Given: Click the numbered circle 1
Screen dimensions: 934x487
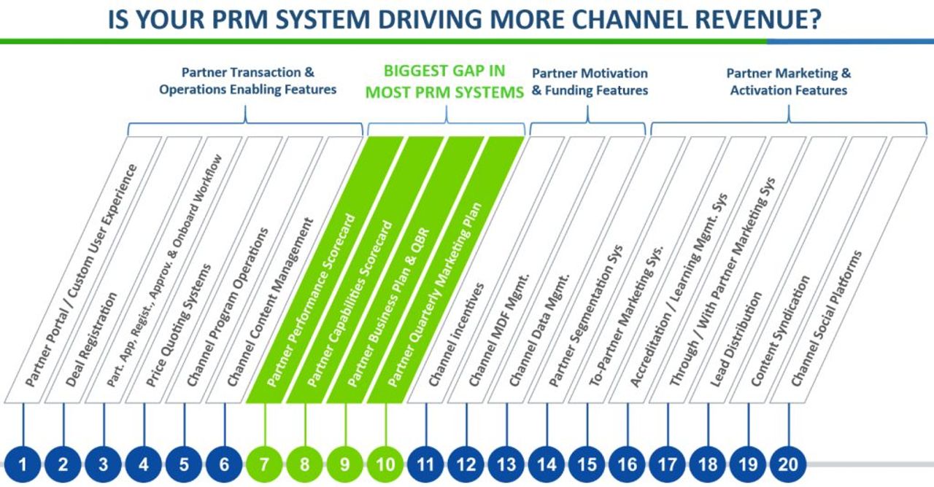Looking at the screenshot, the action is tap(23, 464).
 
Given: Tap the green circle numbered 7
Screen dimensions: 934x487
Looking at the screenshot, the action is tap(264, 464).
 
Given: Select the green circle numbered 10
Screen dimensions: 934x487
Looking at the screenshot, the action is tap(385, 464).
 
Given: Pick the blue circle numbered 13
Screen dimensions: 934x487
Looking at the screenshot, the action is tap(506, 464).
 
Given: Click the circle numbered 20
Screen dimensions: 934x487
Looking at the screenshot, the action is tap(788, 464).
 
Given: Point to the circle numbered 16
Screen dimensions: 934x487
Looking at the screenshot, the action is tap(627, 464).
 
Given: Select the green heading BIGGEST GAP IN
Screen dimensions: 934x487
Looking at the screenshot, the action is tap(444, 71).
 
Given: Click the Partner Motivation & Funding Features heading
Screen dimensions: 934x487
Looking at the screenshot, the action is tap(590, 82).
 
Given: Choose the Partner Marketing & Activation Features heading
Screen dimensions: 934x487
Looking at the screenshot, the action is tap(789, 82).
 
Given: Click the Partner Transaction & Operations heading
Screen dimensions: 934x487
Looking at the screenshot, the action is tap(247, 81).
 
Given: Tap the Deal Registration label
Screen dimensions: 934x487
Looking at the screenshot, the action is tap(92, 339).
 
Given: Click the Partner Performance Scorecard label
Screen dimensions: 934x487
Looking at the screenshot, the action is tap(311, 300).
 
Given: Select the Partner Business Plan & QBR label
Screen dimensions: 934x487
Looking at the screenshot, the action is tap(388, 307).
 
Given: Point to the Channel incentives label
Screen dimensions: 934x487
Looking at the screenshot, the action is tap(456, 335).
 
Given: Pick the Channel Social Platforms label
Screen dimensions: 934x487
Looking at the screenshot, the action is tap(827, 319).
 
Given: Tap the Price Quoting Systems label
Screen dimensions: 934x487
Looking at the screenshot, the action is tap(179, 325).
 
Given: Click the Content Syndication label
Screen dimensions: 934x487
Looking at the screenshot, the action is tap(781, 331).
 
